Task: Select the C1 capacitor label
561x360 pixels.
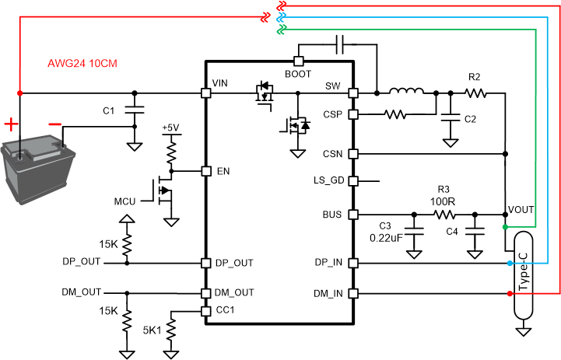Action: [110, 111]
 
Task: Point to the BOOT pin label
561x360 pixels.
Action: [298, 75]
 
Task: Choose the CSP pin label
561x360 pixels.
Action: [333, 114]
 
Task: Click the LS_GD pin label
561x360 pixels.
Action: [328, 181]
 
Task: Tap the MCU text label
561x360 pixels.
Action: [124, 201]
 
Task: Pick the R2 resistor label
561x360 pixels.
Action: [475, 78]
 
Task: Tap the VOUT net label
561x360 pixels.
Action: [521, 211]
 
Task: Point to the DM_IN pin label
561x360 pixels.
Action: [329, 293]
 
